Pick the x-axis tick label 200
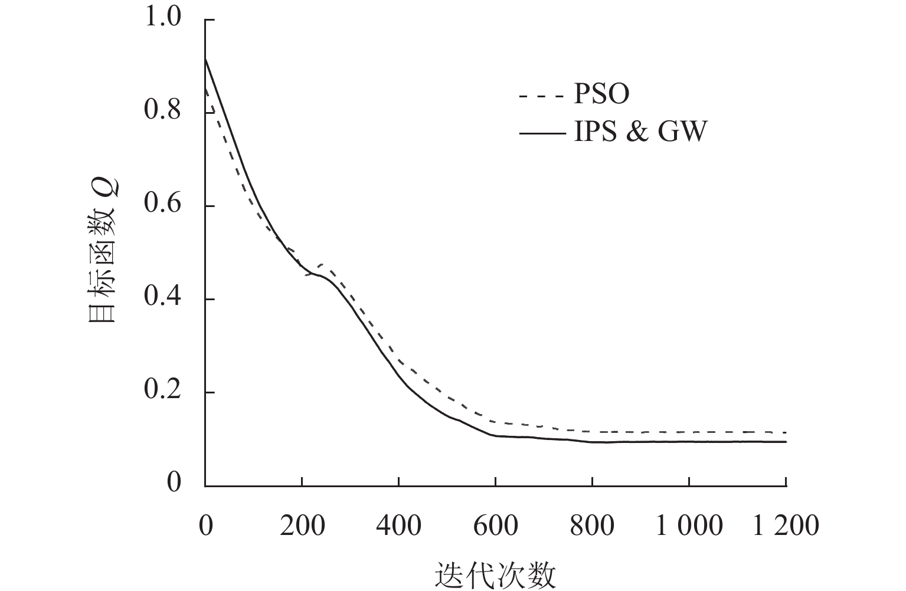pyautogui.click(x=302, y=525)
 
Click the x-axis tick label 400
pyautogui.click(x=398, y=525)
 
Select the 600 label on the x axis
pyautogui.click(x=495, y=525)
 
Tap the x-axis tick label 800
pyautogui.click(x=592, y=525)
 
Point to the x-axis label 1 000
pyautogui.click(x=689, y=525)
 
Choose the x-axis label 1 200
pyautogui.click(x=786, y=525)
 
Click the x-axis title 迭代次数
pyautogui.click(x=495, y=575)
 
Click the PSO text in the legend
pyautogui.click(x=602, y=94)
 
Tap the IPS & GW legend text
pyautogui.click(x=640, y=132)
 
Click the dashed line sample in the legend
pyautogui.click(x=542, y=95)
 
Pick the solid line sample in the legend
pyautogui.click(x=542, y=133)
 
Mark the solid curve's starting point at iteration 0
pyautogui.click(x=205, y=58)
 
